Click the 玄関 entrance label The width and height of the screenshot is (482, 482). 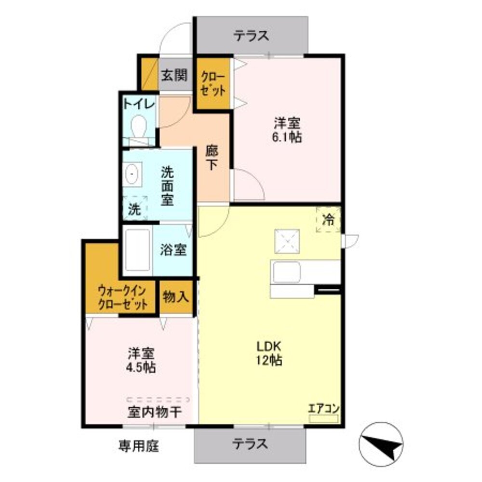coord(174,75)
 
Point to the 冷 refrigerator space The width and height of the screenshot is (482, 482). coord(329,220)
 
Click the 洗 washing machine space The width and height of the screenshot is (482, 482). coord(135,209)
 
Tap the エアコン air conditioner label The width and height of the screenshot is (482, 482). coord(324,408)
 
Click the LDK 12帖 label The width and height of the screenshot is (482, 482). coord(268,353)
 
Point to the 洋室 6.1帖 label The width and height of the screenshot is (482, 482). coord(288,130)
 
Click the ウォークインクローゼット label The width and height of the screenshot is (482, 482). coord(122,297)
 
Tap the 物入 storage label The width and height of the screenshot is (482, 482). coord(175,297)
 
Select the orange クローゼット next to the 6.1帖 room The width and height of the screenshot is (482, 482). coord(213,84)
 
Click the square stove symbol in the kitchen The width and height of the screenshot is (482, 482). coord(287,241)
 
